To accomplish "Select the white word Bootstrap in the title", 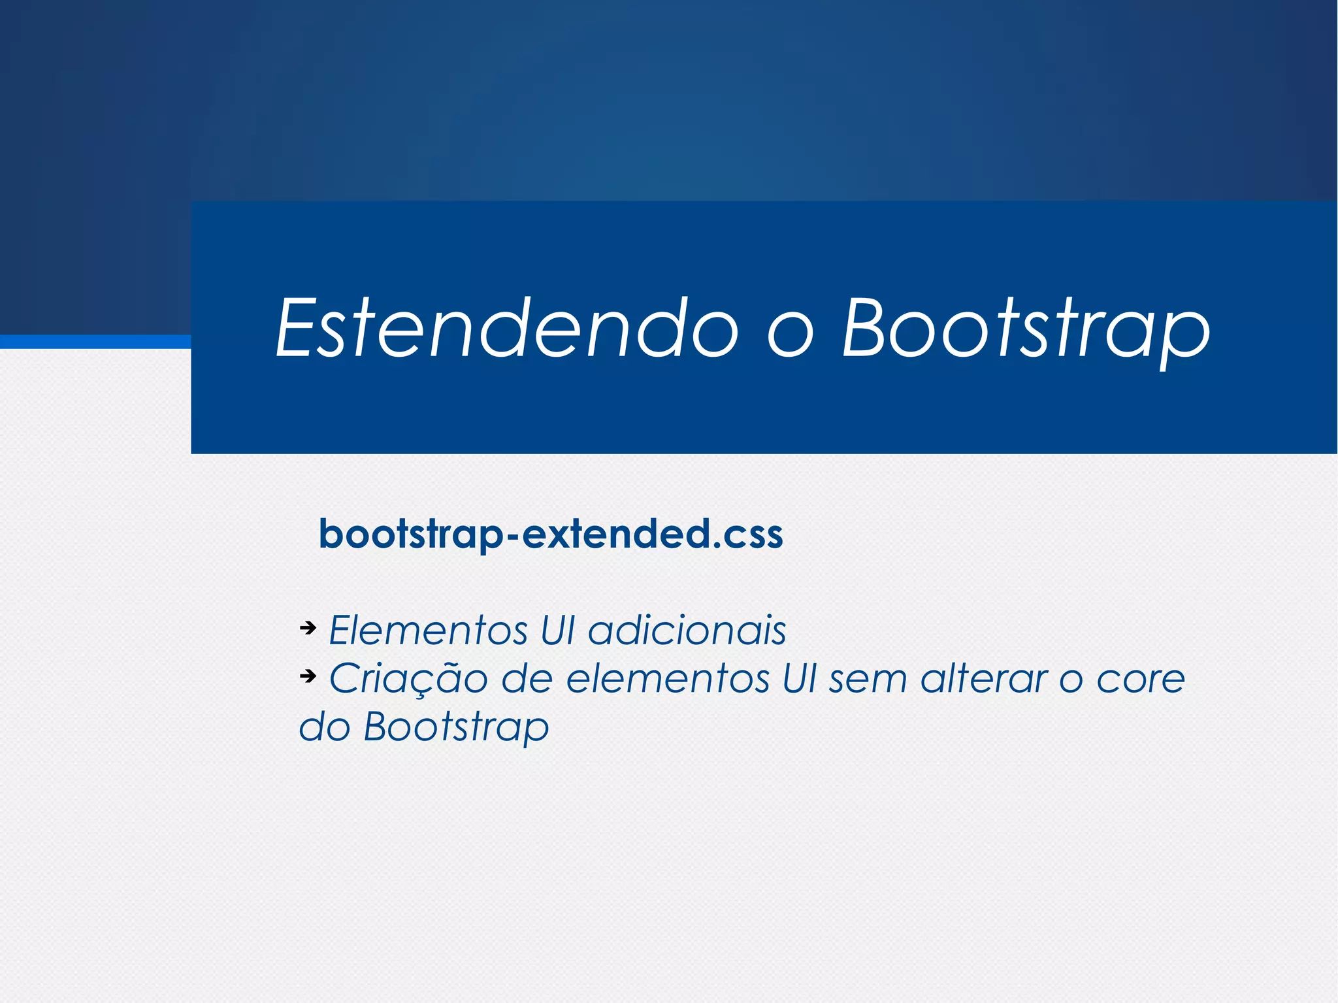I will click(1026, 330).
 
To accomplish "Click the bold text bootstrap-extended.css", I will click(551, 534).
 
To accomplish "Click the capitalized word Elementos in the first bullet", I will click(428, 631).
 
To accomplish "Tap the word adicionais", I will click(687, 631).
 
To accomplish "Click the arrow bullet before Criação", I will click(308, 676).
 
